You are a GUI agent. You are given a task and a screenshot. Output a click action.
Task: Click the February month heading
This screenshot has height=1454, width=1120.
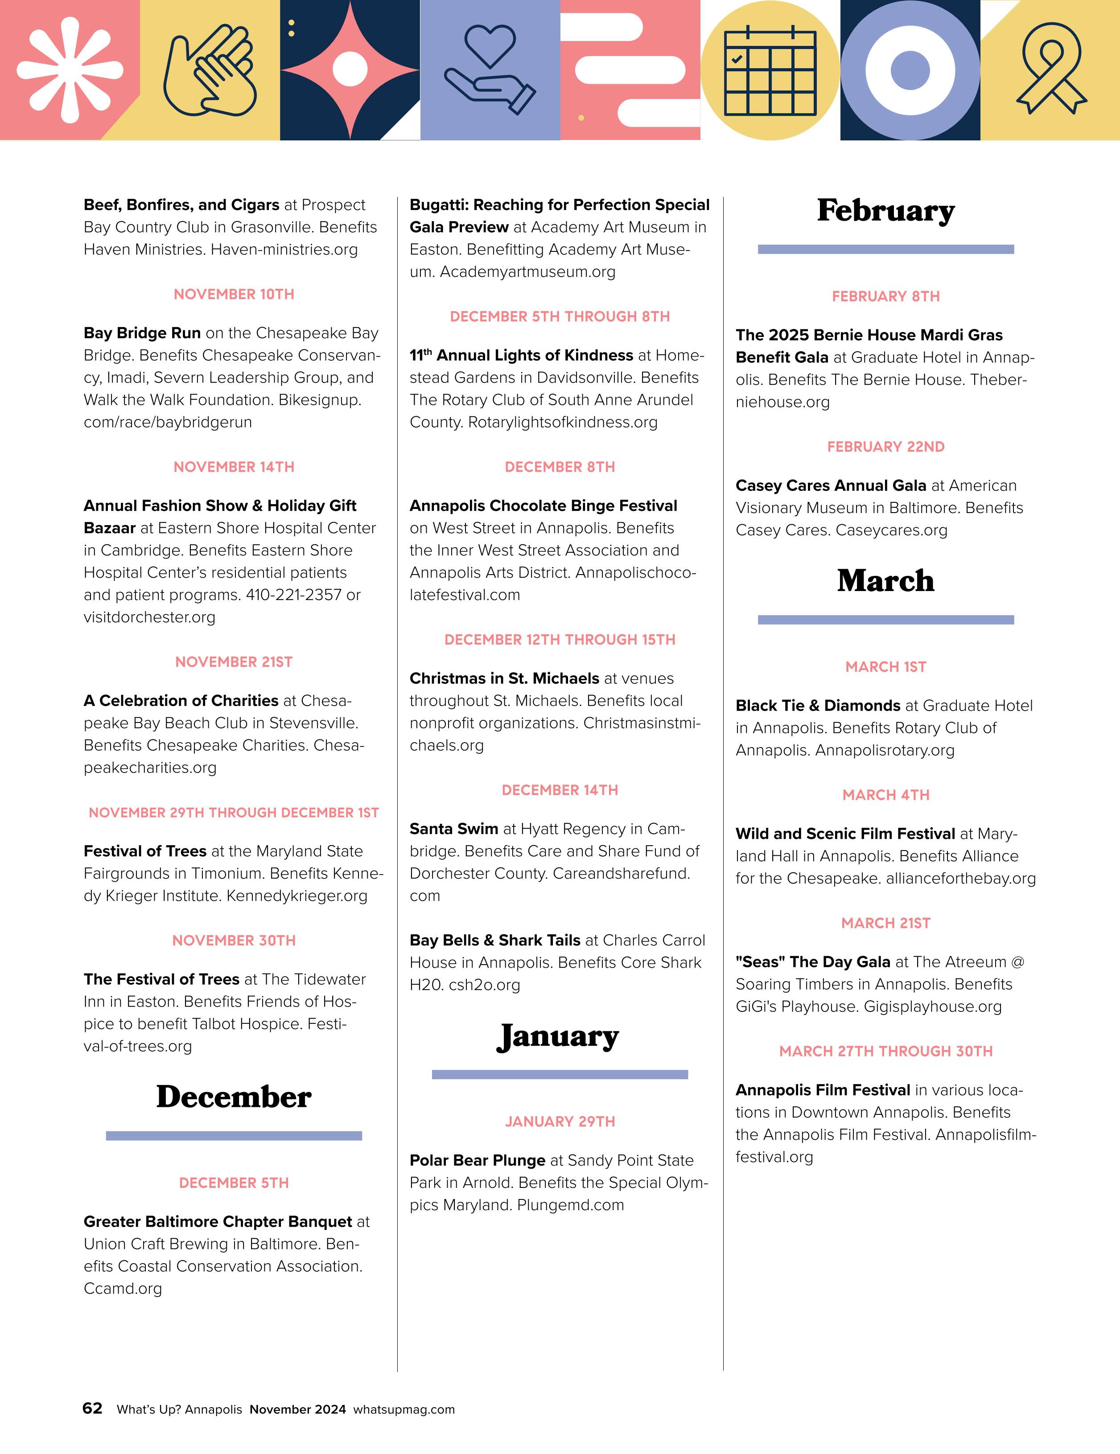pos(885,211)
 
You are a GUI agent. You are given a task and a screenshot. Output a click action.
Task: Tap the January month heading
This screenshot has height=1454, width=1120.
pos(559,1037)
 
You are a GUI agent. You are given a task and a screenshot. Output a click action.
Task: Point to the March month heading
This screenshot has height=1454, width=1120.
pos(885,581)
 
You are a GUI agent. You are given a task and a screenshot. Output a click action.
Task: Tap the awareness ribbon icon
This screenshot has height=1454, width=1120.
pos(1051,69)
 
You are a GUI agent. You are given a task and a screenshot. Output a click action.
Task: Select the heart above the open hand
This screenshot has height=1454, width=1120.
pos(490,45)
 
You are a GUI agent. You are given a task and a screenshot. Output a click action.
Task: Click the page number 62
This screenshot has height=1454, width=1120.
pos(93,1408)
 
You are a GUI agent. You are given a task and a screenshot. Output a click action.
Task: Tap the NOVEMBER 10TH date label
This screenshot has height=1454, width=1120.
pos(234,294)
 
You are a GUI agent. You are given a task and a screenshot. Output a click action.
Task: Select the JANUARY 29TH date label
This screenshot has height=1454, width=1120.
pos(560,1122)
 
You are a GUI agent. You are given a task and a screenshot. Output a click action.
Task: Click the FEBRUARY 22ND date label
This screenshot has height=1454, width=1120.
pos(885,447)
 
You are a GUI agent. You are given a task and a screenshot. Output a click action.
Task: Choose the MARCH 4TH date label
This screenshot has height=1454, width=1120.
pos(885,795)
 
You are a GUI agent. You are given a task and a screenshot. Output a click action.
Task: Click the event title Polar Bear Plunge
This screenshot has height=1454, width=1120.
pos(478,1160)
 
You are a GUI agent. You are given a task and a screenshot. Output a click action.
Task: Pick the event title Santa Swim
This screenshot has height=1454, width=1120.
pos(453,829)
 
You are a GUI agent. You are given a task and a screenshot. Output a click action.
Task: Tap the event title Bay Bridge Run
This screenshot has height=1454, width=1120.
pos(142,333)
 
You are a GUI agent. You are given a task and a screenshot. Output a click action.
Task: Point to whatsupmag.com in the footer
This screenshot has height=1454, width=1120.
pos(404,1409)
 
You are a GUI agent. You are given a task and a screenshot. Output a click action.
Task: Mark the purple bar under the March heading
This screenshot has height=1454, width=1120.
pos(885,620)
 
